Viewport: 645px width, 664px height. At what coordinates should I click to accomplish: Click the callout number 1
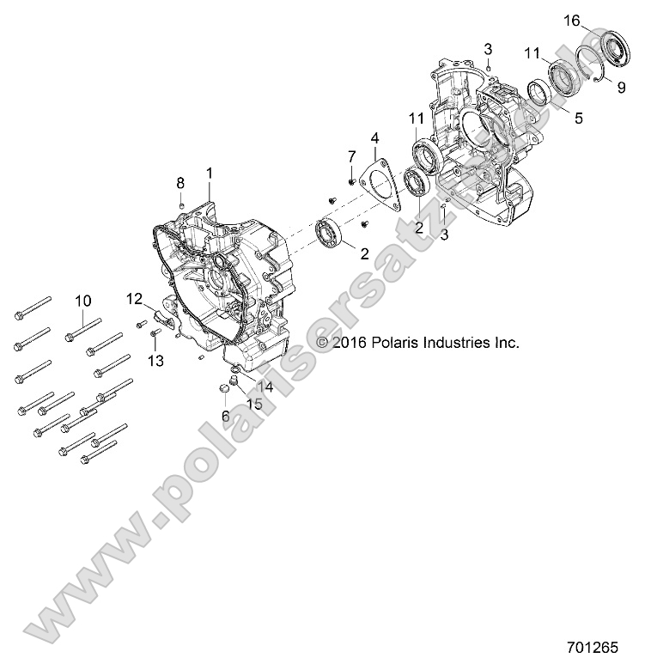coord(209,173)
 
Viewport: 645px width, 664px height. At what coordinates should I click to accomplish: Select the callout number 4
coord(375,137)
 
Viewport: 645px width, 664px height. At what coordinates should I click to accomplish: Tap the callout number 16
coord(572,20)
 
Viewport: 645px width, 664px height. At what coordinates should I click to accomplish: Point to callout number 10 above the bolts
coord(82,300)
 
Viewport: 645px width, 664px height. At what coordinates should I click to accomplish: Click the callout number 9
coord(621,86)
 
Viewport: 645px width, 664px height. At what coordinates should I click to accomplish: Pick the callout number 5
coord(578,119)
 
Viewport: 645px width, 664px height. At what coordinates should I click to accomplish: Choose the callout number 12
coord(135,298)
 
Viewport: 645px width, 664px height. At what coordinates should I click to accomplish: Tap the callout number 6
coord(225,415)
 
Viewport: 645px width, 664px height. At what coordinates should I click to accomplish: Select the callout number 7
coord(351,155)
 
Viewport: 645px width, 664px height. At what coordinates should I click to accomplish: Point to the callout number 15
coord(255,404)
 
